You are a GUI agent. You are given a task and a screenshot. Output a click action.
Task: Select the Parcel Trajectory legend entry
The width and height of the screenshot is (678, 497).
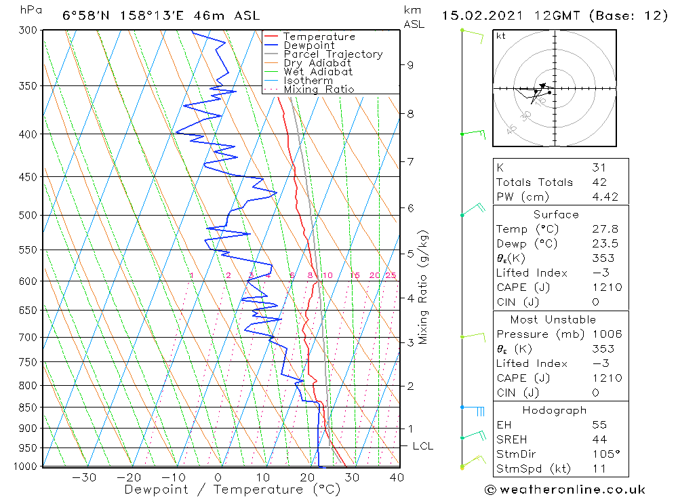click(333, 54)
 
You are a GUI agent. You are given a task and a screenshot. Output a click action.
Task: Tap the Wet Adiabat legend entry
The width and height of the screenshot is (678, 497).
click(317, 72)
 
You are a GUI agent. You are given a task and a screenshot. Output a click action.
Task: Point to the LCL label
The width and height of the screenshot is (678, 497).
click(422, 446)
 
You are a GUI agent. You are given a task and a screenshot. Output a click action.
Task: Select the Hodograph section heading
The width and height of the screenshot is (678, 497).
click(555, 410)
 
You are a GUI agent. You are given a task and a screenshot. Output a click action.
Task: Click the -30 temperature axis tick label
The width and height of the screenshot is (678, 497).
click(85, 477)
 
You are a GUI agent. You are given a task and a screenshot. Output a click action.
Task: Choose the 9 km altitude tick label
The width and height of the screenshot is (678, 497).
click(410, 65)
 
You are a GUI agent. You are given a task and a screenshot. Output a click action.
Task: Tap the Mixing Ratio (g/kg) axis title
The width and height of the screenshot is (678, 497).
click(423, 287)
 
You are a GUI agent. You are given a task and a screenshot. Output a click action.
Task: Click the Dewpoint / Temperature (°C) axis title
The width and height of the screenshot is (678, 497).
click(221, 490)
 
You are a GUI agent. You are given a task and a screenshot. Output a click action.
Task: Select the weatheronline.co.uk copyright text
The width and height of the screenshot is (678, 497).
click(565, 490)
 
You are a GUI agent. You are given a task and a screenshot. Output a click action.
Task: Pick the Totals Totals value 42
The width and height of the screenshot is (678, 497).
click(599, 182)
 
